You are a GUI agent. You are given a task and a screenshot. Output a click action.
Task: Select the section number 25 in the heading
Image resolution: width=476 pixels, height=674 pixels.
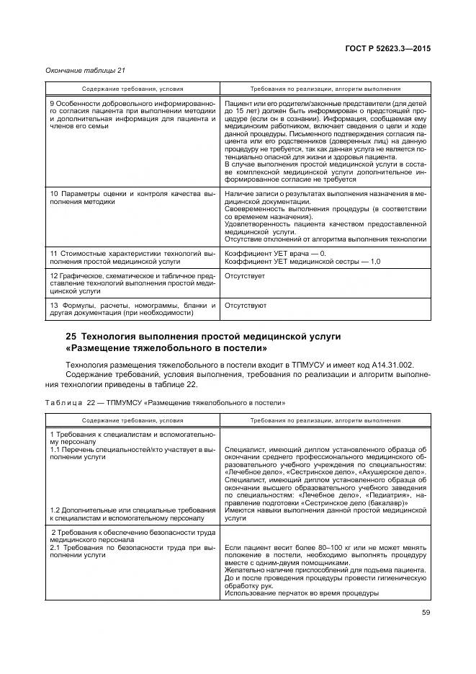pos(71,337)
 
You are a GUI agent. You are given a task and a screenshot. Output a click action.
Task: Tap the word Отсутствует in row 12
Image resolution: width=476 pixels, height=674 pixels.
pos(245,275)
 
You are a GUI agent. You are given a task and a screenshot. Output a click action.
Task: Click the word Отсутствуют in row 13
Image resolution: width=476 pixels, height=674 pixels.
pos(246,305)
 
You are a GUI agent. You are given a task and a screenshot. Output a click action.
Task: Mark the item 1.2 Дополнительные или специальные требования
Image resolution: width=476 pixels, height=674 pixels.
pos(133,513)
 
